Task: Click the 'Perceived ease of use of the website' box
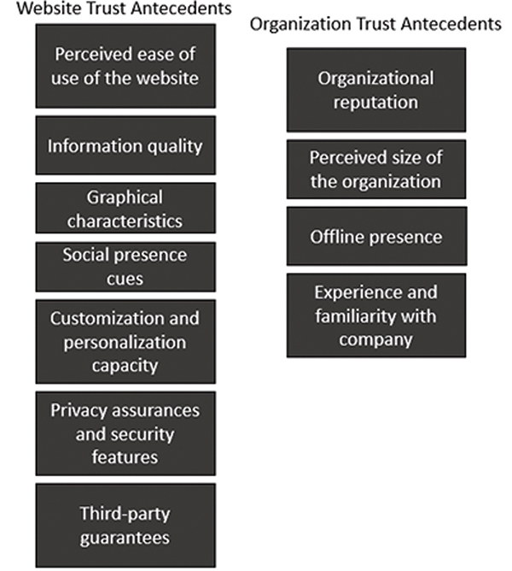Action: point(125,66)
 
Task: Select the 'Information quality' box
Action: point(125,145)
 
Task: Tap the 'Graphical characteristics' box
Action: point(125,208)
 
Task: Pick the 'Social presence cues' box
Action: point(125,267)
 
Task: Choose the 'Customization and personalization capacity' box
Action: point(125,342)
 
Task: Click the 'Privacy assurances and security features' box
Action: point(125,433)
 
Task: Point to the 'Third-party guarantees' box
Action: point(125,526)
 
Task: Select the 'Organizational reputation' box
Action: point(376,90)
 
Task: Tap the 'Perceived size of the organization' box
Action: point(376,169)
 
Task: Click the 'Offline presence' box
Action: point(376,236)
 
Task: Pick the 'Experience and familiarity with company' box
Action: point(376,315)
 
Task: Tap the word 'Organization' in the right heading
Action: point(300,25)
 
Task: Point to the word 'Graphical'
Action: point(125,198)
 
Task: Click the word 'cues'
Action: point(125,279)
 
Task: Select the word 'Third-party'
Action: point(125,515)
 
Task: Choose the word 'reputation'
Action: point(376,103)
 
